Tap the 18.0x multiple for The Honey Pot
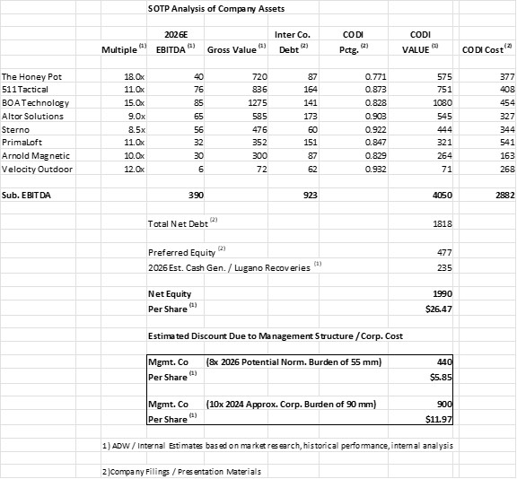point(131,78)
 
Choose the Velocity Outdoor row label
point(36,168)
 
